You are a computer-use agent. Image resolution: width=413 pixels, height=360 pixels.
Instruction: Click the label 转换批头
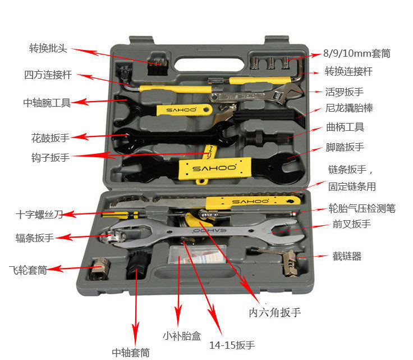tap(48, 48)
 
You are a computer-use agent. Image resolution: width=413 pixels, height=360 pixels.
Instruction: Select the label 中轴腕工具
tap(47, 103)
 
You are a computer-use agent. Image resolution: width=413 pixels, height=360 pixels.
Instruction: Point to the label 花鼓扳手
tap(51, 137)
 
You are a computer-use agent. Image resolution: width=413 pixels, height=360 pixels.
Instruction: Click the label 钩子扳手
tap(51, 157)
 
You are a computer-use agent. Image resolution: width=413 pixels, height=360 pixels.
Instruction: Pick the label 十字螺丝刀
tap(39, 214)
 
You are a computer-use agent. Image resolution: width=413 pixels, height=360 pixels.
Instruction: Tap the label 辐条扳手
tap(35, 238)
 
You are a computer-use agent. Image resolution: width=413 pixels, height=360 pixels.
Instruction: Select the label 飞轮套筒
tap(27, 270)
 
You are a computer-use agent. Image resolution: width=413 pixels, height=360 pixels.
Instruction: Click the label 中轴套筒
tap(131, 352)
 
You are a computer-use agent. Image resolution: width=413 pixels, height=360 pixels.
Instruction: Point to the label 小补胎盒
tap(182, 336)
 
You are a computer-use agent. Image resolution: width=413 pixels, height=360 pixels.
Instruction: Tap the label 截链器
tap(347, 256)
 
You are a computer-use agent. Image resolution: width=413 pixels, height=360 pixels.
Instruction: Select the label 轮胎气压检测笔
tap(362, 208)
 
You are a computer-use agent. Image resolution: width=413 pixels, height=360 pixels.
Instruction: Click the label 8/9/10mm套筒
tap(356, 54)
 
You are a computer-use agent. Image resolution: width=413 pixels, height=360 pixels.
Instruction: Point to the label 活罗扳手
tap(345, 91)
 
